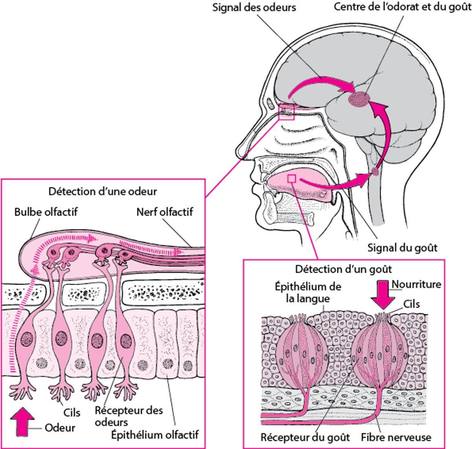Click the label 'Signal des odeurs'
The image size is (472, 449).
tap(254, 7)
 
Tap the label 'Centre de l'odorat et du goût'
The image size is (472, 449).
tap(402, 7)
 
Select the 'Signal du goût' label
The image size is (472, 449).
tap(402, 248)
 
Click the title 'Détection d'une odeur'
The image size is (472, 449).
tap(103, 191)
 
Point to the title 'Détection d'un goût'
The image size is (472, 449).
tap(343, 269)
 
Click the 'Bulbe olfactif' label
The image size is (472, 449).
tap(46, 212)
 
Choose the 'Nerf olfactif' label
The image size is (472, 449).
tap(165, 212)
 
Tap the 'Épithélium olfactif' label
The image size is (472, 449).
tap(155, 435)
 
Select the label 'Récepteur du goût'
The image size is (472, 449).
tap(305, 437)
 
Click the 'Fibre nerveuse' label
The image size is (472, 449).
tap(396, 437)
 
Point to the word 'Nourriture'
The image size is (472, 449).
tap(417, 284)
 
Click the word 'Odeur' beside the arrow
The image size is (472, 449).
tap(60, 428)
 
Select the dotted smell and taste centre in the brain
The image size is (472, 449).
tap(358, 99)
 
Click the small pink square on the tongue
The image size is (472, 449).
tap(291, 179)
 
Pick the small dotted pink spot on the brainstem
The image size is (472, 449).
tap(376, 171)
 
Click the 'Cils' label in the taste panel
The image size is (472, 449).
tap(411, 304)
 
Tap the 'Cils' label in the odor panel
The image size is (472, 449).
tap(72, 412)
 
